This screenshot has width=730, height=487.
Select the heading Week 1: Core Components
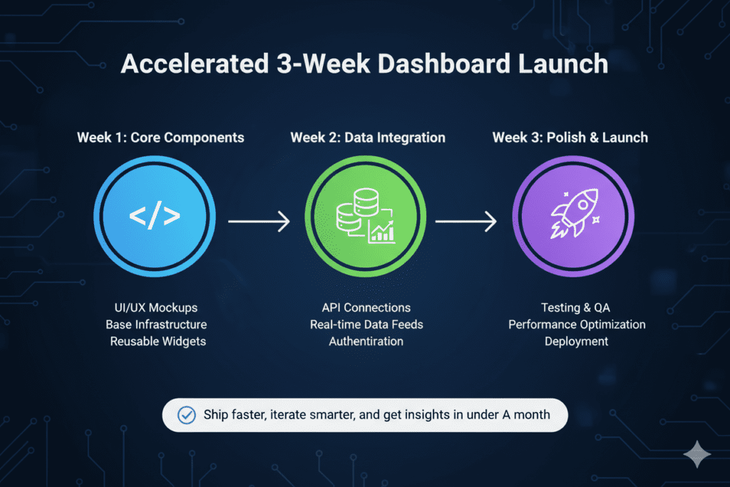tap(160, 137)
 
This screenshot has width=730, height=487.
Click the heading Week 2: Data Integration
tap(368, 137)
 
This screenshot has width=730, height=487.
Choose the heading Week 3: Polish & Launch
tap(570, 137)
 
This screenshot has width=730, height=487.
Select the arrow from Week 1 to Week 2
tap(259, 222)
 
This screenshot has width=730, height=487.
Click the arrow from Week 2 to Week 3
tap(466, 222)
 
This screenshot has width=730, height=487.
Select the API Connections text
tap(366, 308)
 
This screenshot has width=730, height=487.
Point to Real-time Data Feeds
tap(366, 324)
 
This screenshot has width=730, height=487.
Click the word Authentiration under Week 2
tap(366, 342)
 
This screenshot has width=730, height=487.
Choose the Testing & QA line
tap(577, 308)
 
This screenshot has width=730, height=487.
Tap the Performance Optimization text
tap(577, 324)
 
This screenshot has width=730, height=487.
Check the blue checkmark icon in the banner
tap(185, 414)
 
